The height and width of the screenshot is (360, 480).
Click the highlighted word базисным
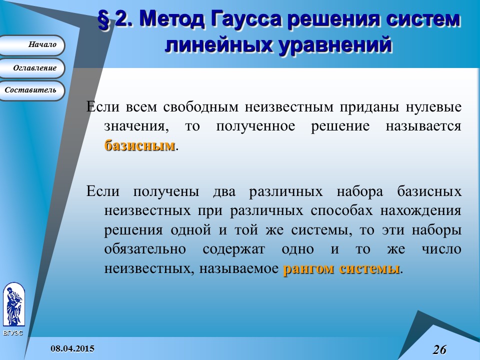point(140,145)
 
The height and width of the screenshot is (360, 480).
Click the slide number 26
point(439,349)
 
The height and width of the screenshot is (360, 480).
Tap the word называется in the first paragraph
point(423,126)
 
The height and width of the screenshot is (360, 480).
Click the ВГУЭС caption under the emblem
point(12,333)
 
